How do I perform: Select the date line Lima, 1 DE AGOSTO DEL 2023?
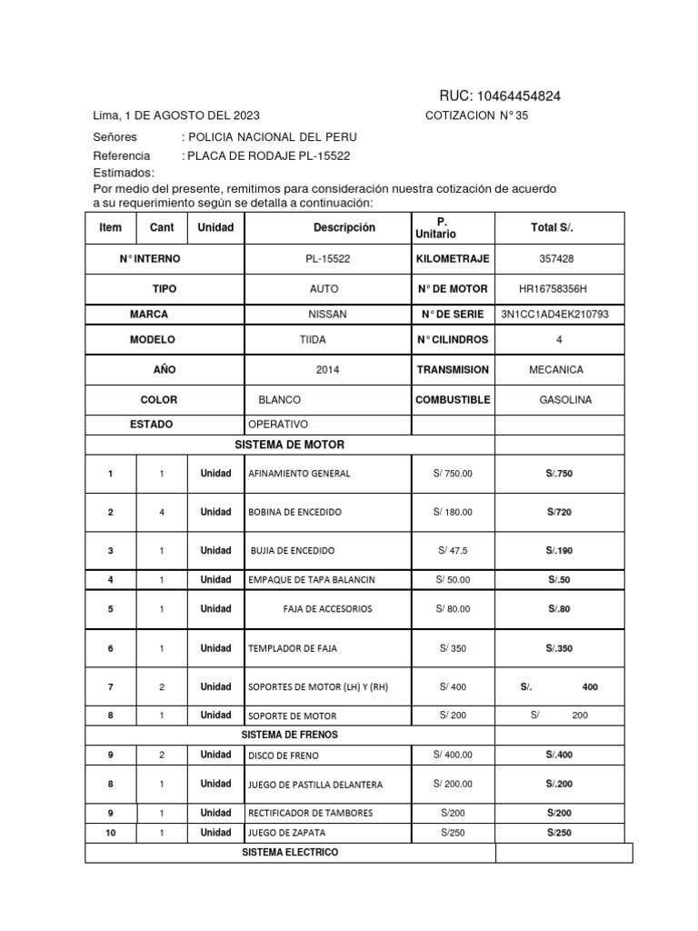(x=176, y=115)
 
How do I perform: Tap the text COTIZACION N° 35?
(x=476, y=115)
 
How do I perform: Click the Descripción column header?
(x=344, y=227)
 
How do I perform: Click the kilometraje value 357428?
(x=556, y=259)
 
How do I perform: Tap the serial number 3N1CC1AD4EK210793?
(x=554, y=315)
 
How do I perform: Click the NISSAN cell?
(x=327, y=315)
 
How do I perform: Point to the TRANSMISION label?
(x=453, y=370)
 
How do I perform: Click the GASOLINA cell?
(x=565, y=400)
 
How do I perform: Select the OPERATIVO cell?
(x=279, y=425)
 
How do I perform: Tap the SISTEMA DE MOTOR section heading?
(x=290, y=445)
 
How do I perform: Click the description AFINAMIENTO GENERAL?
(x=299, y=474)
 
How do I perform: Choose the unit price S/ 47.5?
(x=453, y=551)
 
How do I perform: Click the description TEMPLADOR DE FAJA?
(x=293, y=649)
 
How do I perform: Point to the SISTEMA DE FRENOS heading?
(x=290, y=734)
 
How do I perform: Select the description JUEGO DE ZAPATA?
(x=286, y=833)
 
